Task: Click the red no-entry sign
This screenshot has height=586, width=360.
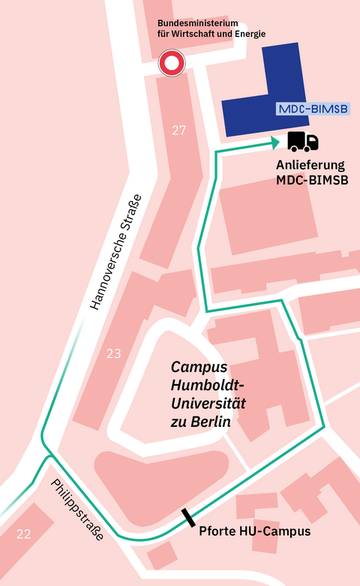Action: click(x=172, y=64)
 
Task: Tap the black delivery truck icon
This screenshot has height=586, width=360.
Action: click(x=303, y=141)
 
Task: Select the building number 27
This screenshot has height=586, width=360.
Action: click(x=178, y=131)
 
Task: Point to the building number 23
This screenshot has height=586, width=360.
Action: click(x=113, y=353)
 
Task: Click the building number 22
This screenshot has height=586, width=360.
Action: click(x=24, y=534)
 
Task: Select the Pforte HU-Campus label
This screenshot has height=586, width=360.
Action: click(x=254, y=532)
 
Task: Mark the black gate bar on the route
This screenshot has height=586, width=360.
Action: click(x=187, y=518)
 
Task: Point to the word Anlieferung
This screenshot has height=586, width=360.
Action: click(x=310, y=165)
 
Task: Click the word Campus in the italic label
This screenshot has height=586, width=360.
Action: click(x=199, y=368)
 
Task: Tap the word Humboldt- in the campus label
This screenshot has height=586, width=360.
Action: click(x=208, y=386)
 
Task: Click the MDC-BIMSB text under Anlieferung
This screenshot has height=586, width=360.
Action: click(x=310, y=182)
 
